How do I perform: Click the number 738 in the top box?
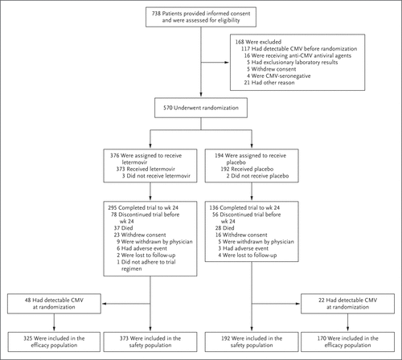[x=156, y=14]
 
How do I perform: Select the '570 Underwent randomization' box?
[x=201, y=108]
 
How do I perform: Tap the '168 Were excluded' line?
[x=258, y=42]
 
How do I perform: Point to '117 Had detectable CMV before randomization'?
[x=299, y=49]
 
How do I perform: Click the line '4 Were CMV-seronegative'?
[x=279, y=76]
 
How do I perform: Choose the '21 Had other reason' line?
[x=269, y=83]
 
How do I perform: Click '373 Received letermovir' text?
[x=146, y=169]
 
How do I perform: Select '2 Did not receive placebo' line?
[x=257, y=176]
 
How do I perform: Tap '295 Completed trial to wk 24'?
[x=143, y=207]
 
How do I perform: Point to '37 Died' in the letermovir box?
[x=123, y=228]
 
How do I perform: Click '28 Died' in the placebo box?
[x=224, y=228]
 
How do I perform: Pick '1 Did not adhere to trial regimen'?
[x=146, y=265]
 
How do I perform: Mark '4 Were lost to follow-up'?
[x=248, y=255]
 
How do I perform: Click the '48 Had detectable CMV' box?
[x=54, y=304]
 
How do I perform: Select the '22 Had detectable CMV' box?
[x=347, y=304]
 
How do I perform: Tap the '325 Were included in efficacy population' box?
[x=54, y=342]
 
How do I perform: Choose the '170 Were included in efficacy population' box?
[x=347, y=342]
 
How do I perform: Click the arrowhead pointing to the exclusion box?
[x=227, y=63]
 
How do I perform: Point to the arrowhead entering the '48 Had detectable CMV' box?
[x=105, y=304]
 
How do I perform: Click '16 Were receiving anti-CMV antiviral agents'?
[x=297, y=55]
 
